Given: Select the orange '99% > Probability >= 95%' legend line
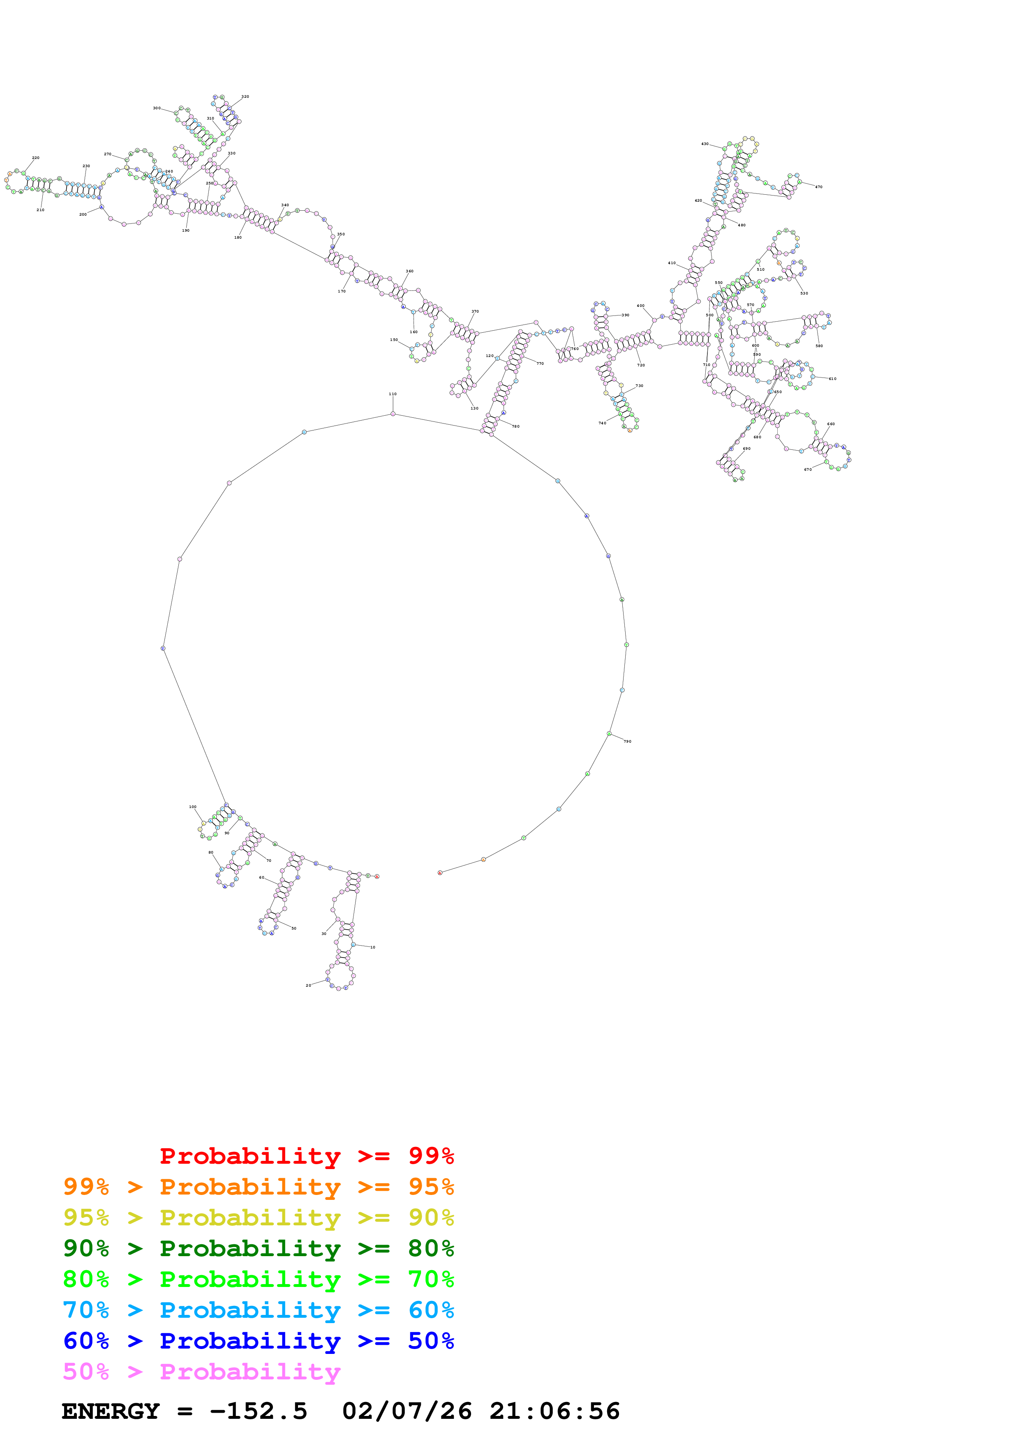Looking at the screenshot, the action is pos(258,1187).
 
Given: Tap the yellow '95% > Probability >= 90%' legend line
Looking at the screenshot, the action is pos(258,1218).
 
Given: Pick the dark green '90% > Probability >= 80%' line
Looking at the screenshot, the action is pos(258,1248).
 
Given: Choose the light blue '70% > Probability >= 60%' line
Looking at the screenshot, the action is pos(258,1310).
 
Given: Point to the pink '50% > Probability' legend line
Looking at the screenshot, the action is pos(201,1371).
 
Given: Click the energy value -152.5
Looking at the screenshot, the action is pos(258,1411).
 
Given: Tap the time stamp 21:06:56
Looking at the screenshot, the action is pos(555,1411).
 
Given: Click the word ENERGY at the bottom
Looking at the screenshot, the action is pos(111,1411).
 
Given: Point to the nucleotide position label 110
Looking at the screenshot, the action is pos(393,394).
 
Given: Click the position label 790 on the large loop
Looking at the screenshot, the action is pos(627,741).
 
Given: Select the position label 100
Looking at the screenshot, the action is pos(193,806).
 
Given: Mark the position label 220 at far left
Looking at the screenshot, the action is pos(36,157).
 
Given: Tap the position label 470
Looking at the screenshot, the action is pos(819,186).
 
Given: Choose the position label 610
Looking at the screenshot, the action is pos(832,378).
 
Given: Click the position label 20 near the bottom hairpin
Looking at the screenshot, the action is pos(308,985).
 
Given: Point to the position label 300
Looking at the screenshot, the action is pos(156,108).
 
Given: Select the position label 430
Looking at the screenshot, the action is pos(705,144).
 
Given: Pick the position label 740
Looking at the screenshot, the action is pos(602,423).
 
